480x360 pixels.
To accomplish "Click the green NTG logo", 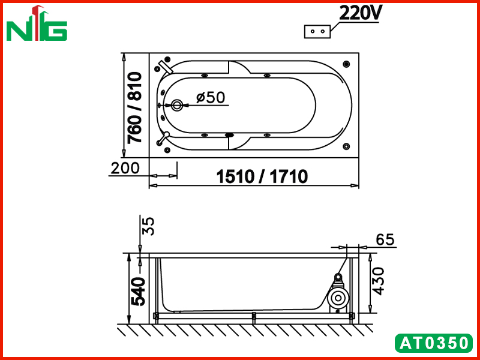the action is [x=37, y=23].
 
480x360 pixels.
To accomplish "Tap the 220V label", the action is [x=359, y=13].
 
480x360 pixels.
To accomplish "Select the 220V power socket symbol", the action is [x=317, y=32].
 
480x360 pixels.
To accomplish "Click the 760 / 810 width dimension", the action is [x=134, y=108].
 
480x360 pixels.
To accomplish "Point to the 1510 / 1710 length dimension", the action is [x=262, y=176].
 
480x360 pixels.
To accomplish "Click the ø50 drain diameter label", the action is [x=211, y=97].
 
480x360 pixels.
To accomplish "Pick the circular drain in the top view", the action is [x=176, y=106].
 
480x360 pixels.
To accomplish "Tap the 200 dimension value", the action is [x=125, y=168].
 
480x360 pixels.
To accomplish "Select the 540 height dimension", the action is [x=139, y=292].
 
